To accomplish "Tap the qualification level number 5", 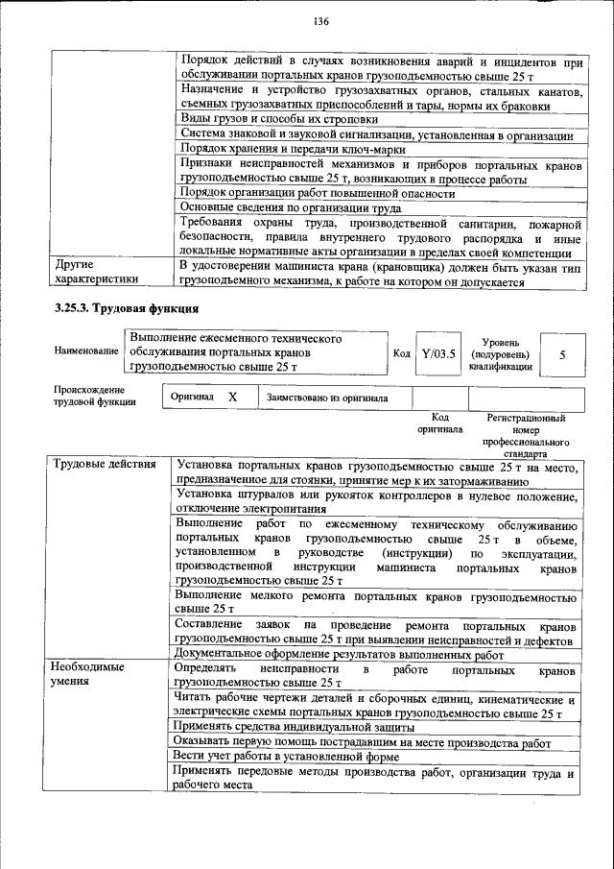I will [561, 353].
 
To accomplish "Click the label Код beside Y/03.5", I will [402, 353].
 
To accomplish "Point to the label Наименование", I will [85, 352].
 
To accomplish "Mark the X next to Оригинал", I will [232, 397].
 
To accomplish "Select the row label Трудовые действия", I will [105, 466].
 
